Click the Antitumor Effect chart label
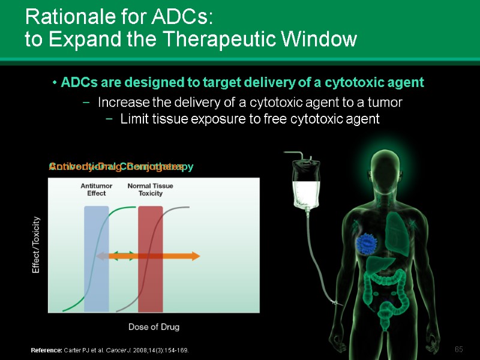[x=97, y=190]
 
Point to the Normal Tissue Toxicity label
[x=150, y=190]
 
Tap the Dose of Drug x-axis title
[x=154, y=327]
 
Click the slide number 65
[x=459, y=350]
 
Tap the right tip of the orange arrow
[x=199, y=256]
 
